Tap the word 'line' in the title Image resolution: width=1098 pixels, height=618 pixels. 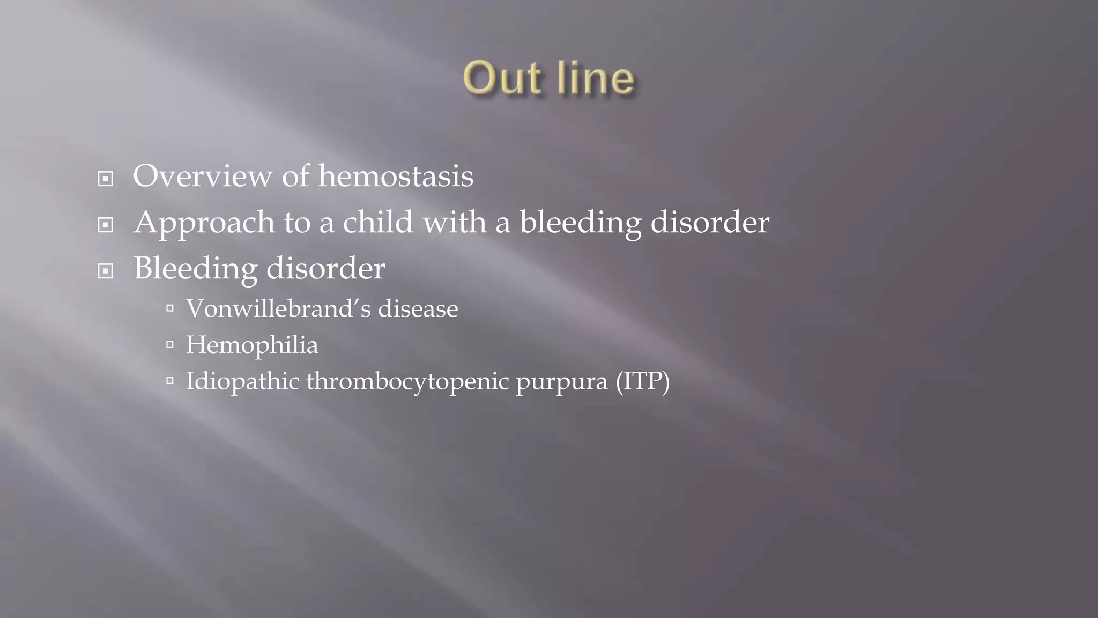point(596,78)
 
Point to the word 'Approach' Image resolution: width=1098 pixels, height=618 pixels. point(204,223)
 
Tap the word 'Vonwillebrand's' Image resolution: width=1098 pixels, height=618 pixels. point(278,308)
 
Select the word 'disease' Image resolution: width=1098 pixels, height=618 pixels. point(418,308)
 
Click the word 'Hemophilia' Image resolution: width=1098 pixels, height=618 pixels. point(252,345)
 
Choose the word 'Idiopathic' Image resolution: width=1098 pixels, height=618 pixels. point(242,381)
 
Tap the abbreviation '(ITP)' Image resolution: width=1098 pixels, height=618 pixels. point(643,381)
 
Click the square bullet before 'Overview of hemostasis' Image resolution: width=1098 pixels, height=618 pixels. point(106,179)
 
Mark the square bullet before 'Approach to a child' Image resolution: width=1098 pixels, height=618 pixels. point(106,225)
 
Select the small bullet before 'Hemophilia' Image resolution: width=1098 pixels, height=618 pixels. point(170,344)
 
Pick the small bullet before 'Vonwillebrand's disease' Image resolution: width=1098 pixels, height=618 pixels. point(170,308)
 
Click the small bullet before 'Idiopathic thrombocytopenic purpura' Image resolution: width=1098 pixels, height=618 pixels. point(170,381)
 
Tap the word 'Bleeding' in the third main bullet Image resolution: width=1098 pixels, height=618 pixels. point(195,269)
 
